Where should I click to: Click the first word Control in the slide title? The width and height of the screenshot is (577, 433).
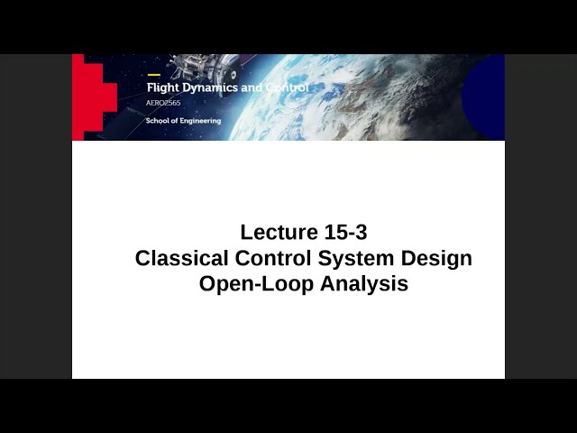(x=272, y=258)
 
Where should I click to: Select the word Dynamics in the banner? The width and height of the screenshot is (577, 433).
(x=209, y=88)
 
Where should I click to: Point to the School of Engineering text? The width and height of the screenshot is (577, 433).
(x=183, y=121)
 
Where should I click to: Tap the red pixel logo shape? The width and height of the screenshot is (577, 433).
(x=90, y=95)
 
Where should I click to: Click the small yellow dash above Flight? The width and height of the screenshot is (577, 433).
(x=153, y=75)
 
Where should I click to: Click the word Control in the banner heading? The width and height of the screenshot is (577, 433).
(x=286, y=88)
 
